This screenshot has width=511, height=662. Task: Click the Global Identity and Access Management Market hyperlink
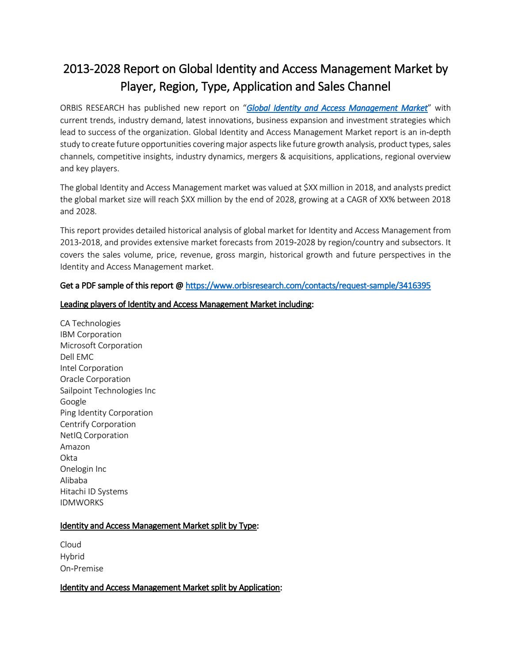coord(337,108)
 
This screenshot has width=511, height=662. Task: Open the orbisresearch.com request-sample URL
coord(308,286)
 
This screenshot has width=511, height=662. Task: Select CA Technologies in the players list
coord(90,323)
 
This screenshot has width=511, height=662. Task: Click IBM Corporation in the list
coord(91,335)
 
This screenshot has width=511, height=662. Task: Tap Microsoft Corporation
coord(101,346)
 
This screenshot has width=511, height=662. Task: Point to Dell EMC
coord(77,357)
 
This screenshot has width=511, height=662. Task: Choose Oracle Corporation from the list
coord(95,379)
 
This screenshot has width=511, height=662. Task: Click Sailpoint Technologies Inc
coord(108,391)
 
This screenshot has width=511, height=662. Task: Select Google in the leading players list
coord(73,402)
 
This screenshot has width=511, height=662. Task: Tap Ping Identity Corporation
coord(107,413)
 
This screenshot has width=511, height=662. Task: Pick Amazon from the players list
coord(75,447)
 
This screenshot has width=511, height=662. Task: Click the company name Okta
coord(69,458)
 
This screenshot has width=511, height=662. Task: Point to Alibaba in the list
coord(74,481)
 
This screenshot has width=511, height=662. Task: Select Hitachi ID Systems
coord(94,492)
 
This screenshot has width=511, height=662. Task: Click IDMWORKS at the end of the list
coord(82,503)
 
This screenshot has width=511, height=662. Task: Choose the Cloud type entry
coord(71,545)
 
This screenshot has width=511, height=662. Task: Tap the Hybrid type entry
coord(72,557)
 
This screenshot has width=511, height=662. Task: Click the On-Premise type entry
coord(81,569)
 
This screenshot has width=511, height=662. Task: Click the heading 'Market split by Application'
coord(171,588)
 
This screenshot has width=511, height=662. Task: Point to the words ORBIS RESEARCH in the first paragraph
coord(92,108)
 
